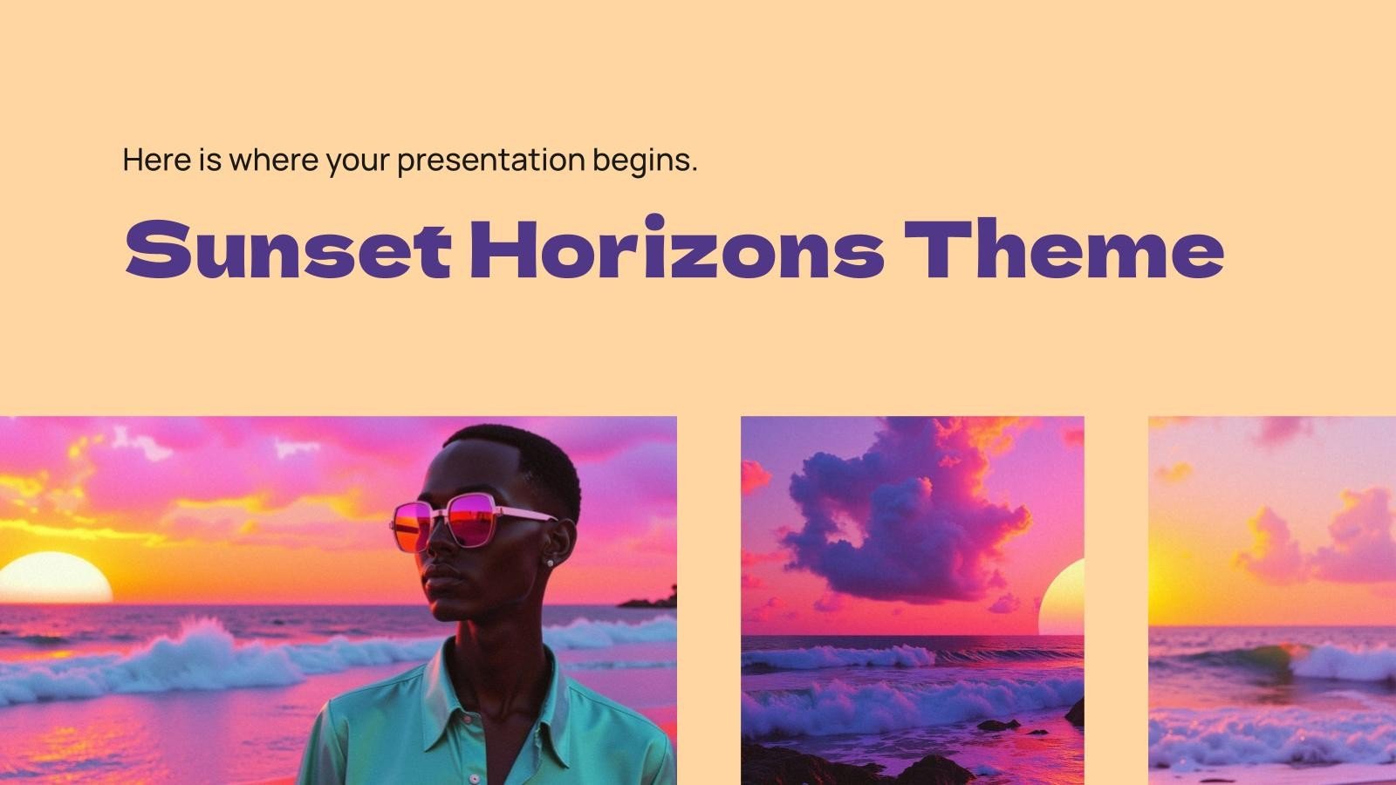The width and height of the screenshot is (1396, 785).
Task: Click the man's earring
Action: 551,563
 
